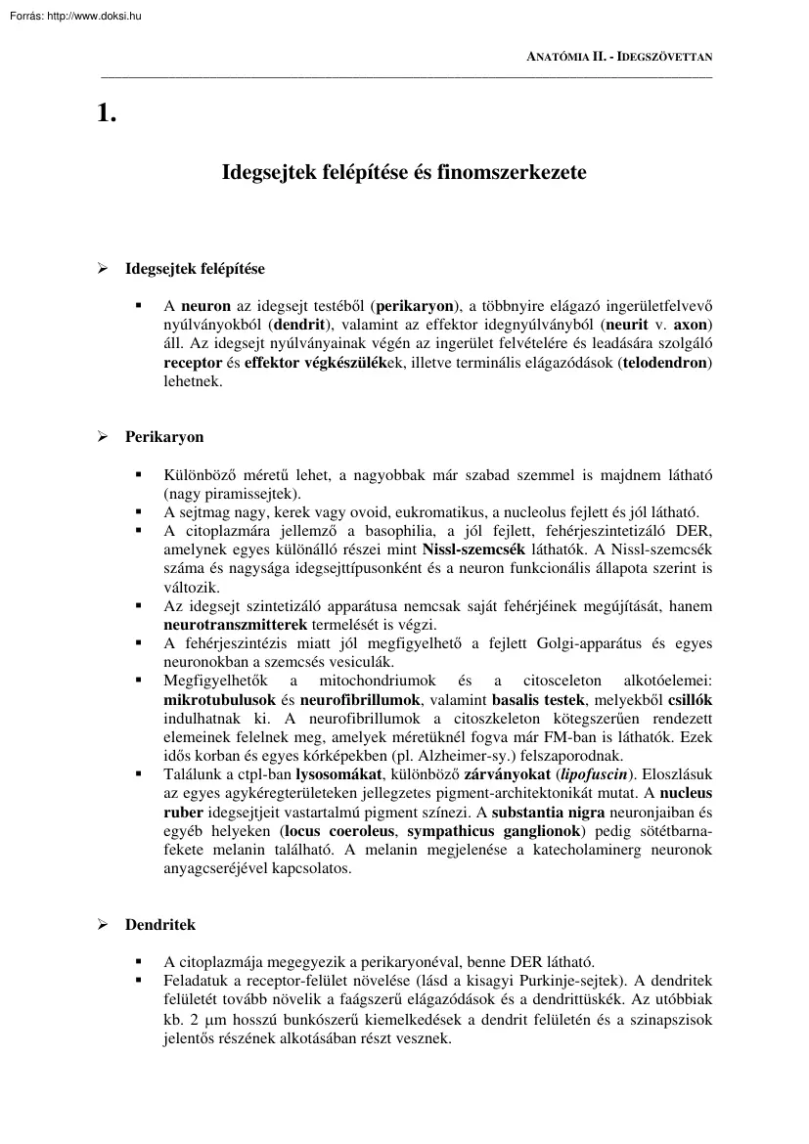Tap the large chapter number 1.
click(107, 113)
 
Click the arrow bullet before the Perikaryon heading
click(100, 437)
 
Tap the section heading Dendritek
click(159, 924)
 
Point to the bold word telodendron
click(666, 363)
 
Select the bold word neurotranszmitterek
click(236, 624)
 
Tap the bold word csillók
click(689, 699)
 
